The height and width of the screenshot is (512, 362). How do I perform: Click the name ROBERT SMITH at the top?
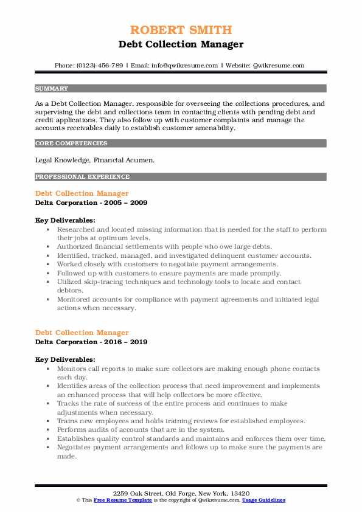(x=181, y=31)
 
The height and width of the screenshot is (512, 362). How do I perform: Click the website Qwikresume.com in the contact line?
(x=279, y=66)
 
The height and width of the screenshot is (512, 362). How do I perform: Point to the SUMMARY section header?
(x=52, y=88)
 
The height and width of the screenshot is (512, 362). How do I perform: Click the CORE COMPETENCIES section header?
(x=71, y=144)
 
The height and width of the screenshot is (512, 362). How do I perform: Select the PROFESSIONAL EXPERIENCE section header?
(x=82, y=177)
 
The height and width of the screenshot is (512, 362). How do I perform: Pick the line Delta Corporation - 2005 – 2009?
(x=91, y=202)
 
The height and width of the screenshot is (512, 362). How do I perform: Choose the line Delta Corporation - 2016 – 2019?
(x=91, y=342)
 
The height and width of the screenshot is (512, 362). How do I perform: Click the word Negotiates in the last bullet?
(x=75, y=447)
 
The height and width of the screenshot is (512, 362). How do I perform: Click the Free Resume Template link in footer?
(x=115, y=499)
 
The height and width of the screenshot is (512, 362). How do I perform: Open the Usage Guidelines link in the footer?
(x=263, y=499)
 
